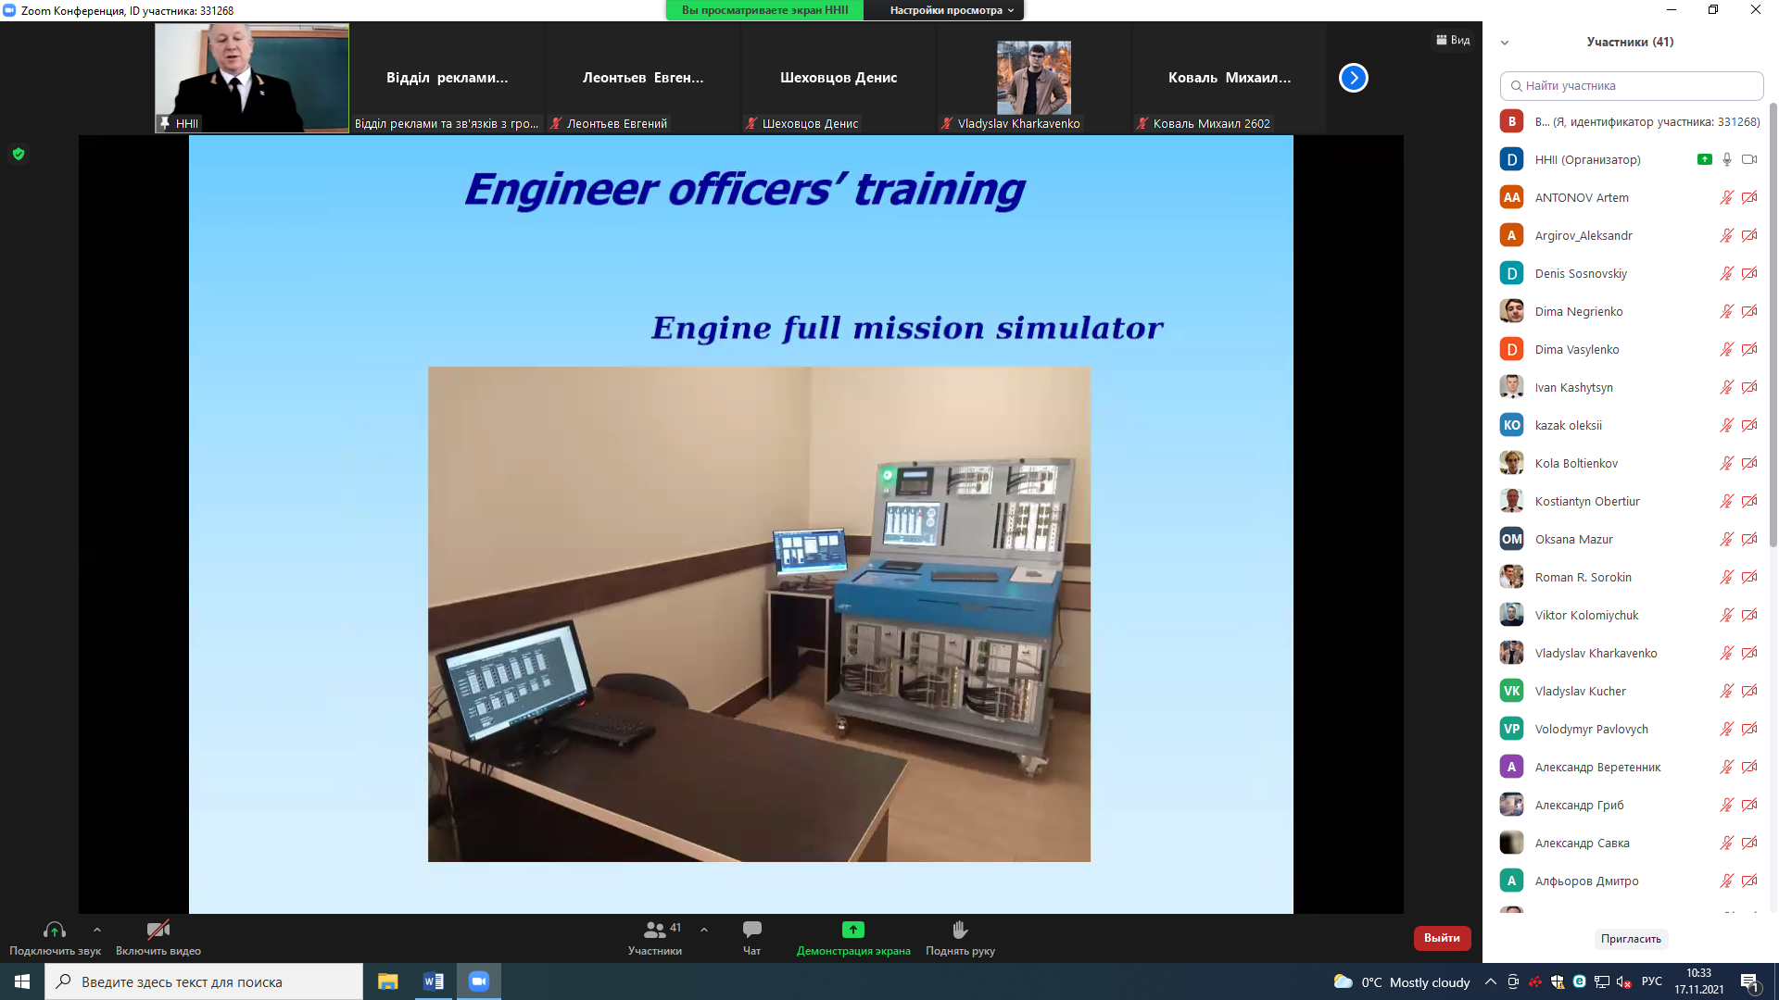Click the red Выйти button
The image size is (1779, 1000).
1442,938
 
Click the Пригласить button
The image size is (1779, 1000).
1631,939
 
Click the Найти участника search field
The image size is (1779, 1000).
1631,85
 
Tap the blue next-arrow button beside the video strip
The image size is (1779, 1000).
1353,78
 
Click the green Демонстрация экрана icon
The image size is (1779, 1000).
852,930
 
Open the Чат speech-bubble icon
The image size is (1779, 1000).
751,929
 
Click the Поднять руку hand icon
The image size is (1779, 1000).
960,929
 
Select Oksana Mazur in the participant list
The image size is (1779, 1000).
1573,539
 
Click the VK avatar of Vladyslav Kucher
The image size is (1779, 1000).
1511,691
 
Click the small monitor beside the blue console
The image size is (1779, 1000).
810,550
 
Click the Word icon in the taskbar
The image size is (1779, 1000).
433,981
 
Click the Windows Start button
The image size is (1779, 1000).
22,981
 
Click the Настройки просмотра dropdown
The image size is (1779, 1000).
952,10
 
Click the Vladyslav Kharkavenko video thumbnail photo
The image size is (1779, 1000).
1033,78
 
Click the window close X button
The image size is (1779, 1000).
1755,10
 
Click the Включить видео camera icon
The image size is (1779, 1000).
158,929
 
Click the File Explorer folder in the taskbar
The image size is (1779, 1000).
387,981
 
